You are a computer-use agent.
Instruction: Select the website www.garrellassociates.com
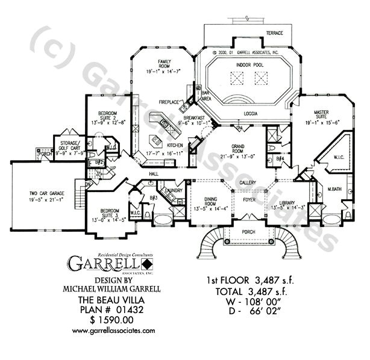tap(113, 331)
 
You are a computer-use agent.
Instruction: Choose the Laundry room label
tap(174, 190)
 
